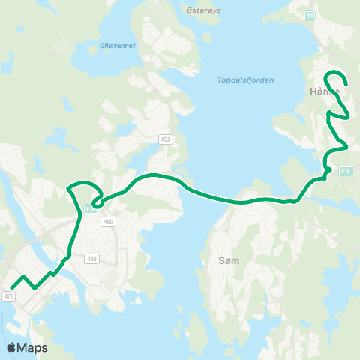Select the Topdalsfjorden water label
[245, 79]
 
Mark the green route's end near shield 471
[12, 287]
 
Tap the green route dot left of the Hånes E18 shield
[328, 172]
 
